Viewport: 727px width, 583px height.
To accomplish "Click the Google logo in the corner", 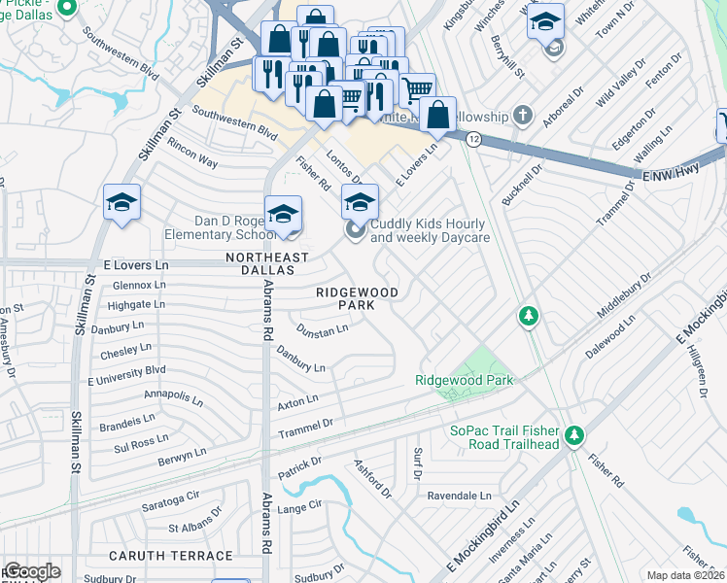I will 31,570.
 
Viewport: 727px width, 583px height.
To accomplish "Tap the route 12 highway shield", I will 473,140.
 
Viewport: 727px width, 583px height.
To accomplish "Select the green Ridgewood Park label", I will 465,380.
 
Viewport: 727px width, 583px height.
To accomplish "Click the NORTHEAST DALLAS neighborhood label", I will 267,263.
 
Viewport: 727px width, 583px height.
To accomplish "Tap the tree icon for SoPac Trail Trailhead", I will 574,434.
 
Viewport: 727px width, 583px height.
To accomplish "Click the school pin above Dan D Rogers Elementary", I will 283,214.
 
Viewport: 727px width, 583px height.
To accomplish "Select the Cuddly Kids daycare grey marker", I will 355,229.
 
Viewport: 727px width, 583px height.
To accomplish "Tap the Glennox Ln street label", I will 132,285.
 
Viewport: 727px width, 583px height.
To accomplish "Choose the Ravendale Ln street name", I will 459,495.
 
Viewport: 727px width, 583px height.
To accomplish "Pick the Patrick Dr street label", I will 300,466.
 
